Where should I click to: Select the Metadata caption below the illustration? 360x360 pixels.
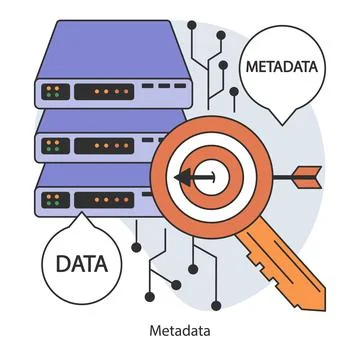click(x=180, y=331)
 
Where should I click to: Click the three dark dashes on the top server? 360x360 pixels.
click(x=161, y=88)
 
